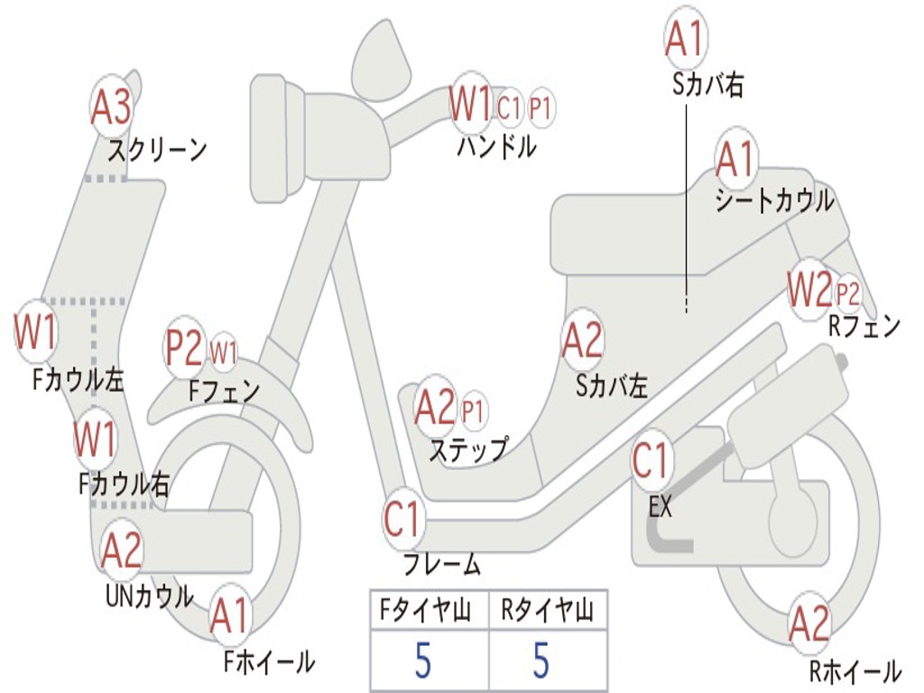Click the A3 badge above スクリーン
(x=112, y=107)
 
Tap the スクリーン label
(x=158, y=150)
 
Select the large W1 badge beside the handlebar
(x=470, y=105)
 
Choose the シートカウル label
(x=774, y=200)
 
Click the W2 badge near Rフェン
(x=808, y=291)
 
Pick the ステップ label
(x=467, y=449)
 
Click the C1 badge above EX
(x=651, y=462)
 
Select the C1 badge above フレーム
(x=402, y=521)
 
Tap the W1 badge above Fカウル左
(x=36, y=332)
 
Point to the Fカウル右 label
(x=124, y=484)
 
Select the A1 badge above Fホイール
(x=229, y=617)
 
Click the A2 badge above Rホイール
(x=809, y=624)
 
